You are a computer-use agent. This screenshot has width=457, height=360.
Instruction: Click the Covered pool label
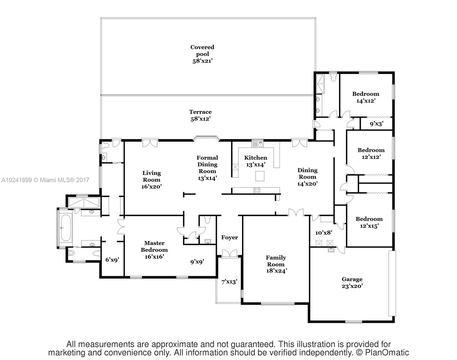click(202, 54)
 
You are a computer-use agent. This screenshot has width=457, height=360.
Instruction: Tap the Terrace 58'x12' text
click(200, 115)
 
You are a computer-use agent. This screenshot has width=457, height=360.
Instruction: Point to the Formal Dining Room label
click(207, 168)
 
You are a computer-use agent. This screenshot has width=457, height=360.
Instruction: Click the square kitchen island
click(260, 176)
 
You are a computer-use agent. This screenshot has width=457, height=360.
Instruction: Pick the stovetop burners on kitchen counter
click(257, 190)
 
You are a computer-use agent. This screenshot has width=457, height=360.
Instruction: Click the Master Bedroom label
click(154, 250)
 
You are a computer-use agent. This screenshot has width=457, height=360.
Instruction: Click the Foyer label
click(230, 237)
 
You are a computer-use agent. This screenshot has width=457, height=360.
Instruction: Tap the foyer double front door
click(230, 254)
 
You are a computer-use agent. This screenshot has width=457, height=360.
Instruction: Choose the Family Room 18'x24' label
click(276, 264)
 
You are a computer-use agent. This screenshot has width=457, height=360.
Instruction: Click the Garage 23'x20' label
click(352, 283)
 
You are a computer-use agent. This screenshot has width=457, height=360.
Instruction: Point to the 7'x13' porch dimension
click(229, 282)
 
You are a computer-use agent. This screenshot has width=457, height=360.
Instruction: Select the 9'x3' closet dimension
click(377, 124)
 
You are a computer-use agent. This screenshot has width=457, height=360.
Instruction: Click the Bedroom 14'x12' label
click(366, 97)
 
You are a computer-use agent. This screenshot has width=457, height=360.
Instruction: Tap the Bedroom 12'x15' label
click(369, 222)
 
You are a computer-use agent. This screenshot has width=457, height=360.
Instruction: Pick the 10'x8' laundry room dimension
click(324, 233)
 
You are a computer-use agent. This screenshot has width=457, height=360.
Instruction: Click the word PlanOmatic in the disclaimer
click(387, 352)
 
